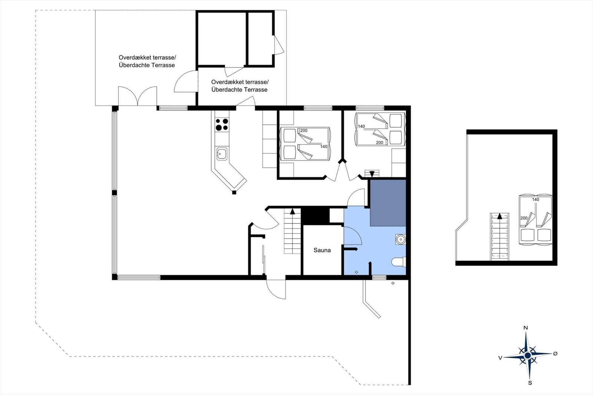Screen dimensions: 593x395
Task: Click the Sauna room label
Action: tap(322, 250)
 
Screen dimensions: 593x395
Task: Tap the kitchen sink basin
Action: tap(222, 154)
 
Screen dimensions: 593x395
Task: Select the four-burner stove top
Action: tap(222, 125)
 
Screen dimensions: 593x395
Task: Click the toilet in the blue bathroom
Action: tap(398, 262)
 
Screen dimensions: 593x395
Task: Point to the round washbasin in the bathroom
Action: tap(401, 239)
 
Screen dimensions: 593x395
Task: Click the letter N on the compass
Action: tap(526, 328)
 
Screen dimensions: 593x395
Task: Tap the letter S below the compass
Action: tap(530, 383)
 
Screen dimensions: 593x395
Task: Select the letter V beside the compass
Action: tap(500, 358)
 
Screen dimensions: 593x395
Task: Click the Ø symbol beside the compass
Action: tap(556, 353)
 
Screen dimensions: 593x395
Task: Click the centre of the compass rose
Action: tap(528, 355)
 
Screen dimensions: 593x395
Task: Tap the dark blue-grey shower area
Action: tap(388, 203)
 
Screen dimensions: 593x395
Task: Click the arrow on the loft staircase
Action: tap(500, 216)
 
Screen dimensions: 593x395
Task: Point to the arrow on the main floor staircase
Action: tap(292, 211)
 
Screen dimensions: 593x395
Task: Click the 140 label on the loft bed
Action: tap(536, 200)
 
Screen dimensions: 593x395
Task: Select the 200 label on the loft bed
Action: tap(524, 218)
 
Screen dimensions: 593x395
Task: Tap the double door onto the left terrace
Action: tap(138, 96)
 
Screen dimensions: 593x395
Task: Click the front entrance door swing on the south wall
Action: tap(276, 289)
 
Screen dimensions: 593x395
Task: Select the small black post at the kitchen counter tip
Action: tap(234, 192)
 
